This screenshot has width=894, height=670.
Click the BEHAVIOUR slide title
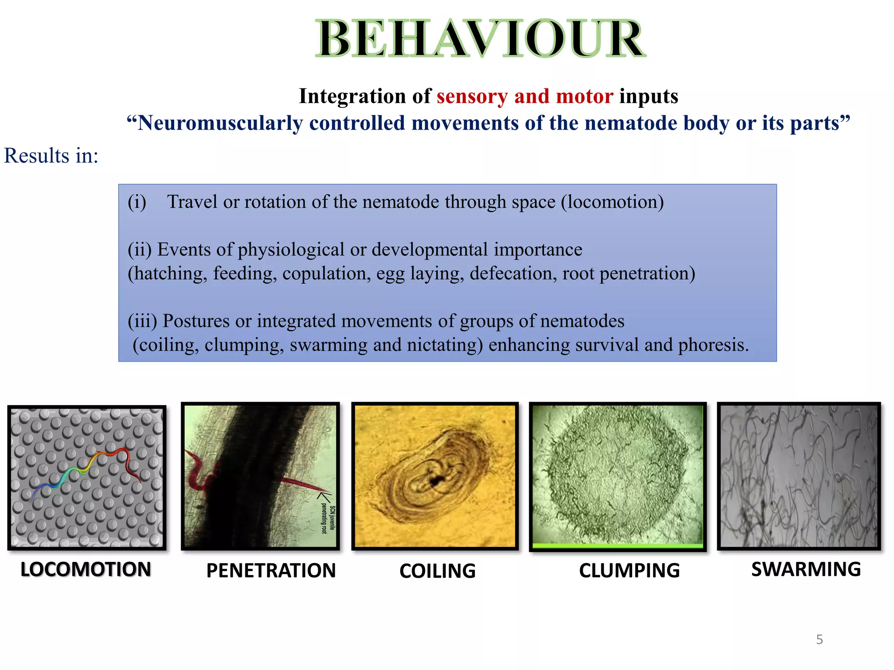pyautogui.click(x=480, y=39)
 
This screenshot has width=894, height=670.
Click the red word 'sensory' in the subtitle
pyautogui.click(x=472, y=96)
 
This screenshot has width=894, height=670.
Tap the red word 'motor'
pyautogui.click(x=585, y=96)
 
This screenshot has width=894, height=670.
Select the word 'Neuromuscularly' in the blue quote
pyautogui.click(x=220, y=123)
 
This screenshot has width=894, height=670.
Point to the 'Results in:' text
pyautogui.click(x=51, y=156)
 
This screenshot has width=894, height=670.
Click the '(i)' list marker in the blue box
pyautogui.click(x=137, y=202)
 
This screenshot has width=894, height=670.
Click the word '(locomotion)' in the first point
pyautogui.click(x=612, y=202)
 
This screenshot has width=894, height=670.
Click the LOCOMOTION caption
pyautogui.click(x=86, y=570)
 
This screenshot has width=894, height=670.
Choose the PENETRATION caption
pyautogui.click(x=271, y=571)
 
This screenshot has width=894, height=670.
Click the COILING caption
pyautogui.click(x=437, y=571)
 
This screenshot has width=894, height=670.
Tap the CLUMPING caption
pyautogui.click(x=629, y=571)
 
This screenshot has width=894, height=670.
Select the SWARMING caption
pyautogui.click(x=806, y=569)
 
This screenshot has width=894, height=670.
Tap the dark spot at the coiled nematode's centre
pyautogui.click(x=435, y=481)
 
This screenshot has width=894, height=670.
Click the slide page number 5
pyautogui.click(x=819, y=639)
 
